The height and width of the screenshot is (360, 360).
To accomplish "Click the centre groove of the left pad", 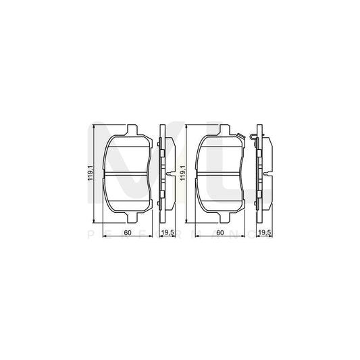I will pos(128,174).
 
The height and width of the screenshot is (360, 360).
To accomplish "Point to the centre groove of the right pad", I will pos(220,174).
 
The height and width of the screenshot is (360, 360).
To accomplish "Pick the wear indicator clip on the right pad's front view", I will pos(251,138).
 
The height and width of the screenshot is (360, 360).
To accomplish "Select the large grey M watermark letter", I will pos(135,169).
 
